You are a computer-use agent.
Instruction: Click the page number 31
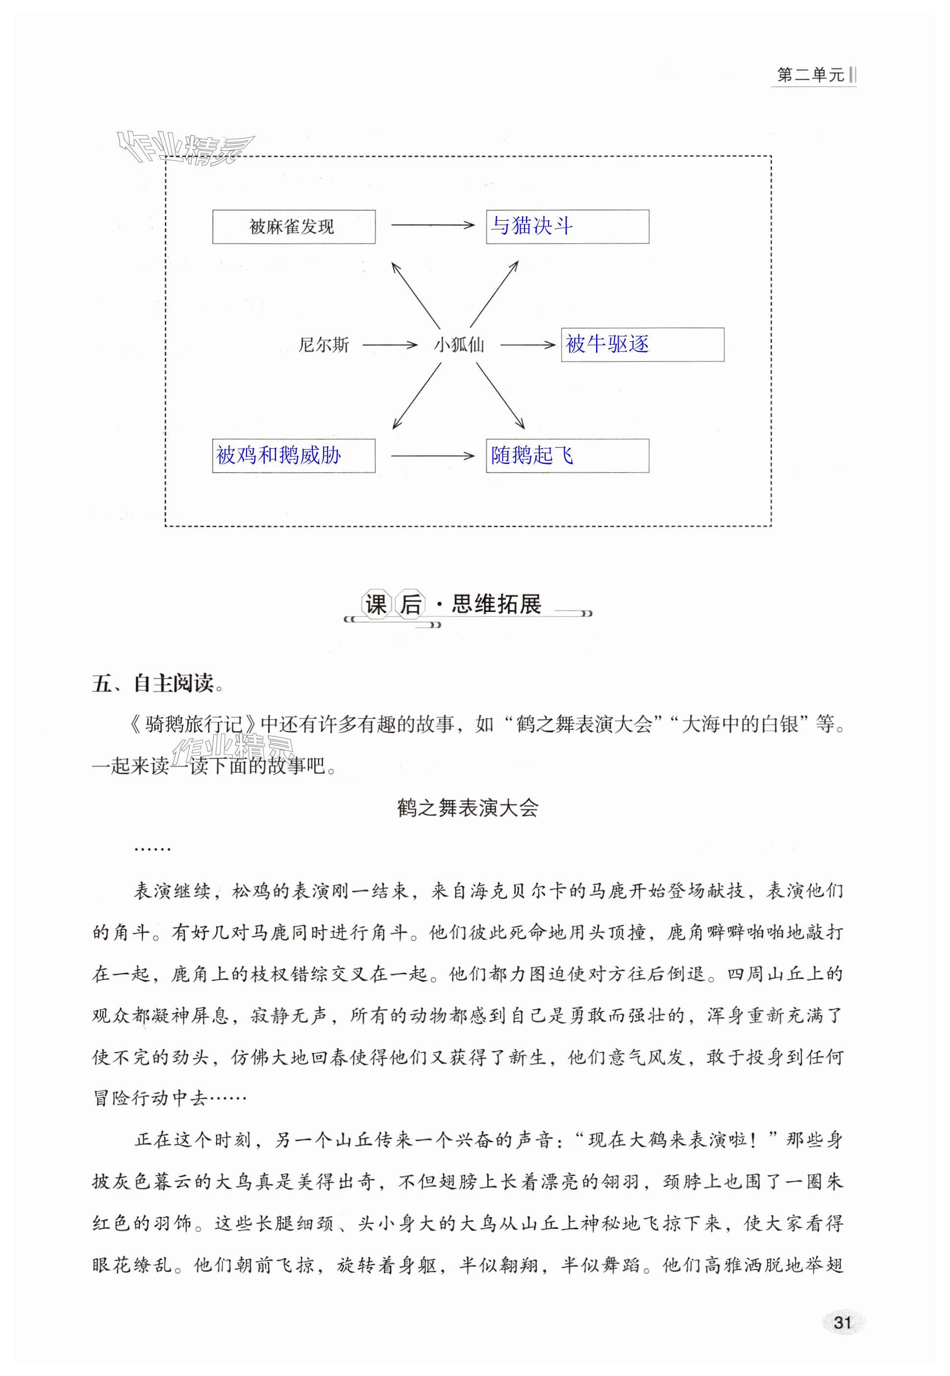[x=842, y=1323]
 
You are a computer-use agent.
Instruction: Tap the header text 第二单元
[x=810, y=76]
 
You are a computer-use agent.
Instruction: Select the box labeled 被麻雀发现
[x=294, y=227]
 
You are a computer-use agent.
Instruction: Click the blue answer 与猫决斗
[x=531, y=226]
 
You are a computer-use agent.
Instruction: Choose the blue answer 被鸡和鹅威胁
[x=278, y=456]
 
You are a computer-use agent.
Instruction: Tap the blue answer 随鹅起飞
[x=531, y=456]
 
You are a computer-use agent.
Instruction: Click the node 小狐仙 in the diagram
[x=458, y=345]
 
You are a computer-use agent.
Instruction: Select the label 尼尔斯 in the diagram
[x=323, y=345]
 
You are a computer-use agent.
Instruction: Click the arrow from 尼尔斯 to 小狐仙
[x=390, y=345]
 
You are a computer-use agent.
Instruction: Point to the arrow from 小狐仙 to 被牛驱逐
[x=527, y=345]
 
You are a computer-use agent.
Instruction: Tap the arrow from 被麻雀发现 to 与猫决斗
[x=432, y=225]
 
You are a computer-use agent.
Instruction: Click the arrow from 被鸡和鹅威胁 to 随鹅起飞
[x=432, y=456]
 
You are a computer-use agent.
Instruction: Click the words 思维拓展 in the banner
[x=497, y=604]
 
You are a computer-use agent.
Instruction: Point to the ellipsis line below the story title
[x=152, y=849]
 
